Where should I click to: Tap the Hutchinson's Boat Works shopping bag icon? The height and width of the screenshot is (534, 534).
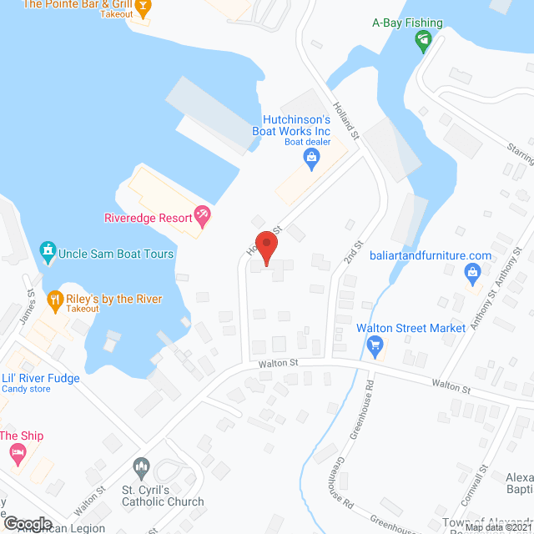[x=313, y=163]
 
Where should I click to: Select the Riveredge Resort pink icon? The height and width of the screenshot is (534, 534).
[x=201, y=217]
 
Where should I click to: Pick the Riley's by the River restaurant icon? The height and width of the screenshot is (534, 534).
[x=55, y=299]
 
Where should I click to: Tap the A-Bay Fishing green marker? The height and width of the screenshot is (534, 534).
[x=424, y=39]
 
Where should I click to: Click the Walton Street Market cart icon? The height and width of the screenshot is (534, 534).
[x=375, y=344]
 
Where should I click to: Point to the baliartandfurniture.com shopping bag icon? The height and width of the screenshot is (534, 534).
[x=472, y=272]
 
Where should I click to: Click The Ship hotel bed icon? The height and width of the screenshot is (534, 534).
[x=18, y=454]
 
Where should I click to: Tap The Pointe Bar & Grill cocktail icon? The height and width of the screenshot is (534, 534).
[x=143, y=8]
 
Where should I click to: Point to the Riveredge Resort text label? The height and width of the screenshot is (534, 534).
[x=149, y=218]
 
